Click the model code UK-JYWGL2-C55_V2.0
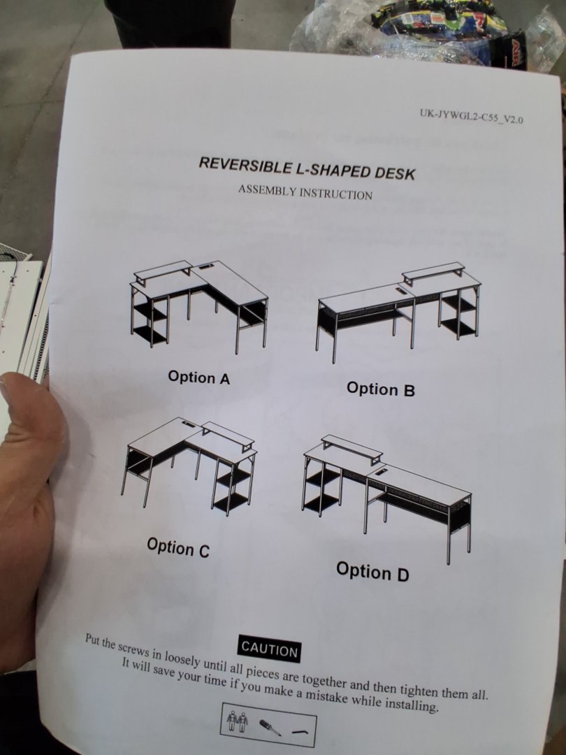coord(471,116)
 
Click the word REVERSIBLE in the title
coord(245,165)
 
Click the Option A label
coord(198,377)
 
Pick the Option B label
coord(380,389)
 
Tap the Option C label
coord(178,547)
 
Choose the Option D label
coord(372,572)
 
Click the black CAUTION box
coord(270,649)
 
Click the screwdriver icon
coord(270,727)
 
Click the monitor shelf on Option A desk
coord(164,271)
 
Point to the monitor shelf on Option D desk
coord(351,449)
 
